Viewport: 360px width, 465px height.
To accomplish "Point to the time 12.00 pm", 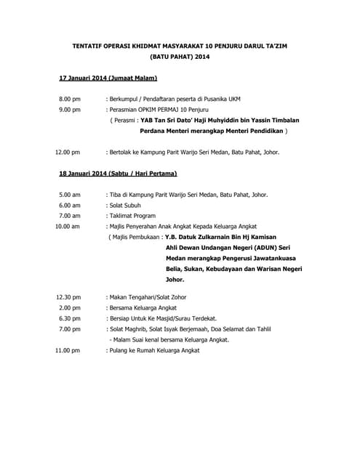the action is pos(68,153).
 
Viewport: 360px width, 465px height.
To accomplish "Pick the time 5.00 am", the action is pos(70,195).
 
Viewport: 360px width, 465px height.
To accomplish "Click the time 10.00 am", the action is pos(68,227).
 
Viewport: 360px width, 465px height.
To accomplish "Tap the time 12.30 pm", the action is pos(68,297).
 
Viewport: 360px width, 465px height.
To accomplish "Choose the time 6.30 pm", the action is pos(70,318).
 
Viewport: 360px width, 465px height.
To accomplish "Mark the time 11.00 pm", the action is pos(68,350).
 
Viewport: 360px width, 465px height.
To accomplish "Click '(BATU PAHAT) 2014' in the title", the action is pos(180,56).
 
